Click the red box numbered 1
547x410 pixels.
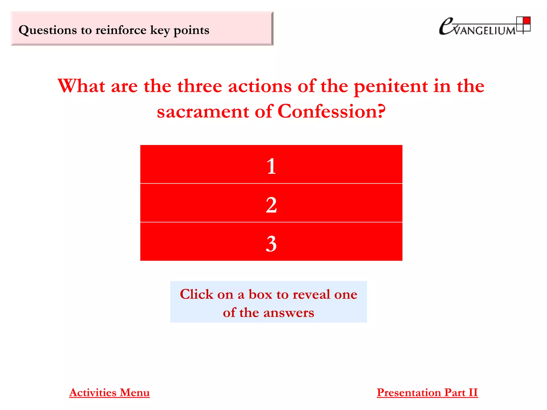(271, 164)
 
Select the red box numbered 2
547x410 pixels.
(271, 203)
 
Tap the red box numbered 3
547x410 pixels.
(271, 242)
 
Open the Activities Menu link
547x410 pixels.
(109, 393)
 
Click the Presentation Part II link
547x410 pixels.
(427, 393)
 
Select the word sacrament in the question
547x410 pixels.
(203, 112)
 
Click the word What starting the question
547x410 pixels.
(81, 86)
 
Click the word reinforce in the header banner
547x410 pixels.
(121, 30)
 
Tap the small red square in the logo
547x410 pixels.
(527, 21)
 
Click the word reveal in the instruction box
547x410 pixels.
(311, 294)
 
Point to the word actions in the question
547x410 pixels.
(260, 86)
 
